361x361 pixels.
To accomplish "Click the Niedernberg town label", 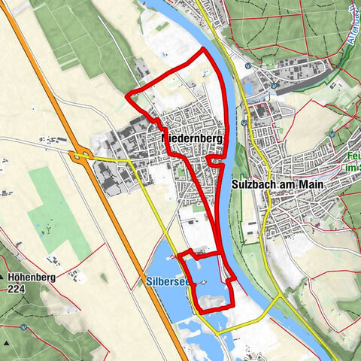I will (193, 140).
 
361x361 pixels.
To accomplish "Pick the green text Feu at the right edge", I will (353, 158).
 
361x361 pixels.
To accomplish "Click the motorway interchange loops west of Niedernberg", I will (80, 156).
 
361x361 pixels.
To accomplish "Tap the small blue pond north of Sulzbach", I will (249, 88).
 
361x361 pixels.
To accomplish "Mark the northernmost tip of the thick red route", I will (204, 49).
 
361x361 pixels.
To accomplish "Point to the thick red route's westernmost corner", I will (127, 94).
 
